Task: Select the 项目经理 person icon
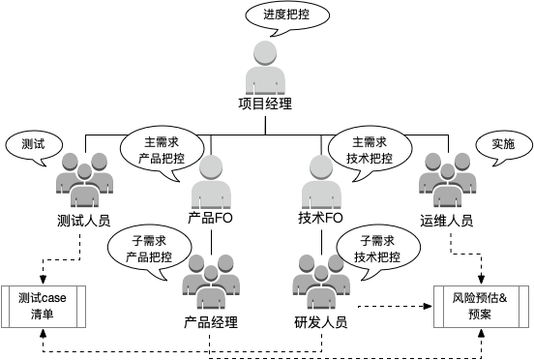pyautogui.click(x=265, y=68)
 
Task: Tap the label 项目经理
pyautogui.click(x=265, y=104)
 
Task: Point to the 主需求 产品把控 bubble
pyautogui.click(x=162, y=150)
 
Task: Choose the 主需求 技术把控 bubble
pyautogui.click(x=370, y=150)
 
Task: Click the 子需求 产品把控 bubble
pyautogui.click(x=149, y=249)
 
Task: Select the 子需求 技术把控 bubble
pyautogui.click(x=378, y=249)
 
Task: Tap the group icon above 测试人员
pyautogui.click(x=84, y=180)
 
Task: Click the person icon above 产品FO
pyautogui.click(x=211, y=182)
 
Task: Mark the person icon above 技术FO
pyautogui.click(x=321, y=182)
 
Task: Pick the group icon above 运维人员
pyautogui.click(x=448, y=180)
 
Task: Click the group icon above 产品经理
pyautogui.click(x=211, y=282)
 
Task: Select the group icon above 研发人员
pyautogui.click(x=321, y=282)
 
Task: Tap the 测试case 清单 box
pyautogui.click(x=44, y=307)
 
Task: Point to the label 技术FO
pyautogui.click(x=320, y=218)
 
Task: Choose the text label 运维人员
pyautogui.click(x=447, y=221)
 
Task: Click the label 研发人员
pyautogui.click(x=321, y=322)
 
